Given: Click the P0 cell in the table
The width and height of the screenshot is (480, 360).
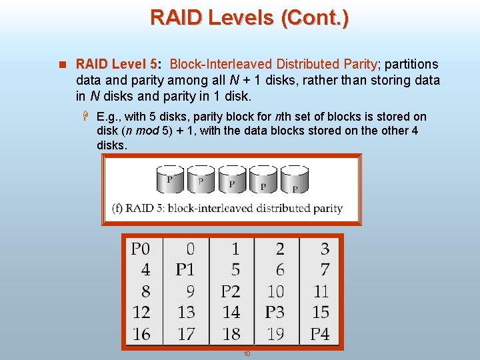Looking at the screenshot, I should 141,249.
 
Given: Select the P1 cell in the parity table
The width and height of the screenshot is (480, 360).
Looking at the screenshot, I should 185,270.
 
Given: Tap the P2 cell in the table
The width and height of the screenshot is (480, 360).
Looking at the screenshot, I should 230,291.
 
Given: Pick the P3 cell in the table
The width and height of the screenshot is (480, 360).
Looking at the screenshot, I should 275,312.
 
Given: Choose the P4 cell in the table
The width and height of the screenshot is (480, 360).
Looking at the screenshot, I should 320,333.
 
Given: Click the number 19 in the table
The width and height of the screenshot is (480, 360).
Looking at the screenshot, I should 275,333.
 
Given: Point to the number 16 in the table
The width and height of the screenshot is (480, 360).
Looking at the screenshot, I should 141,333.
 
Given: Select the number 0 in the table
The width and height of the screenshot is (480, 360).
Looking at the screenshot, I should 190,249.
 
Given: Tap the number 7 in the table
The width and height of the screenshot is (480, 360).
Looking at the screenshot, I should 325,270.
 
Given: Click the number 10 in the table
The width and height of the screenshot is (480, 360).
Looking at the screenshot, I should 275,291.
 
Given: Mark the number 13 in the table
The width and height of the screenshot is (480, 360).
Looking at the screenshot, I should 186,312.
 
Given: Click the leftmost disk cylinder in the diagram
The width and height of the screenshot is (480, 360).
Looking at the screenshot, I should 170,179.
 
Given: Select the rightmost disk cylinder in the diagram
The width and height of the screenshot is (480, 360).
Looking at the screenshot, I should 294,180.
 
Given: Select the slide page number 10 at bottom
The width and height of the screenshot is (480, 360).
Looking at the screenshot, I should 246,353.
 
